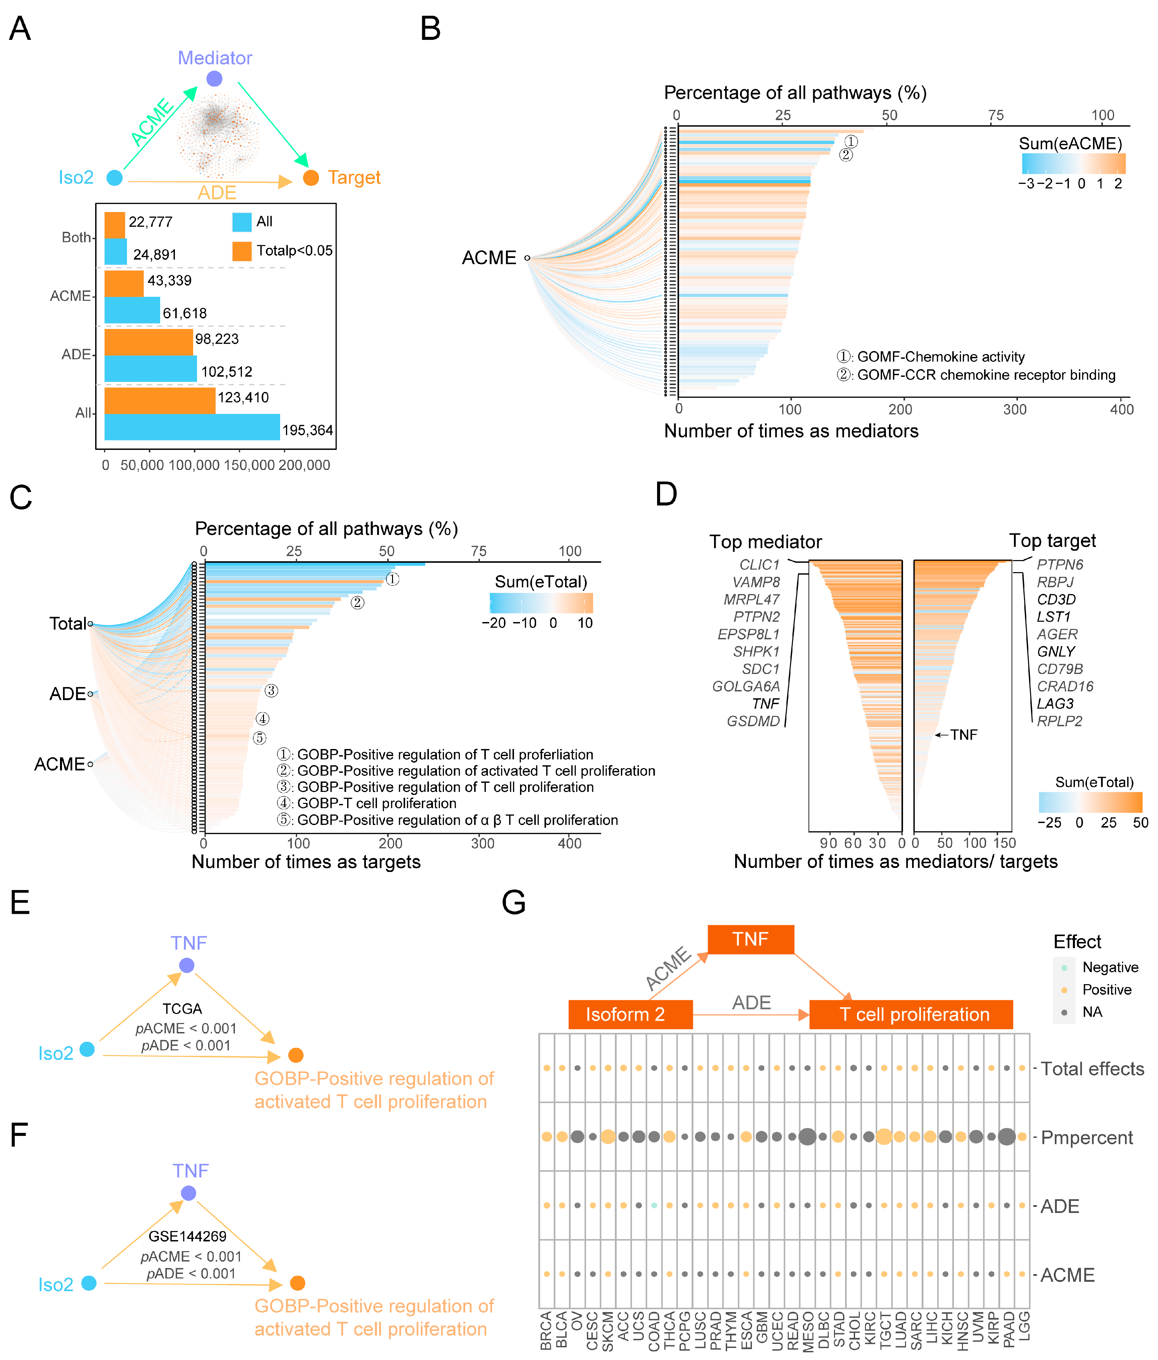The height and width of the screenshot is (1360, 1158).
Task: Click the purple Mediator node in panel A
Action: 214,79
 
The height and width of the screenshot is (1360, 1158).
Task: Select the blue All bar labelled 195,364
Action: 192,427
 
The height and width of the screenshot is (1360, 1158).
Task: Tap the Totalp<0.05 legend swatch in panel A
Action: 242,251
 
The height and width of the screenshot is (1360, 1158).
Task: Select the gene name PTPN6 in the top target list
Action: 1059,564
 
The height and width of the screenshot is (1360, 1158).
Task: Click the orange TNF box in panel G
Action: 750,939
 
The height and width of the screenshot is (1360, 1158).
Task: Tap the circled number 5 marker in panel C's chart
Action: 259,738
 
